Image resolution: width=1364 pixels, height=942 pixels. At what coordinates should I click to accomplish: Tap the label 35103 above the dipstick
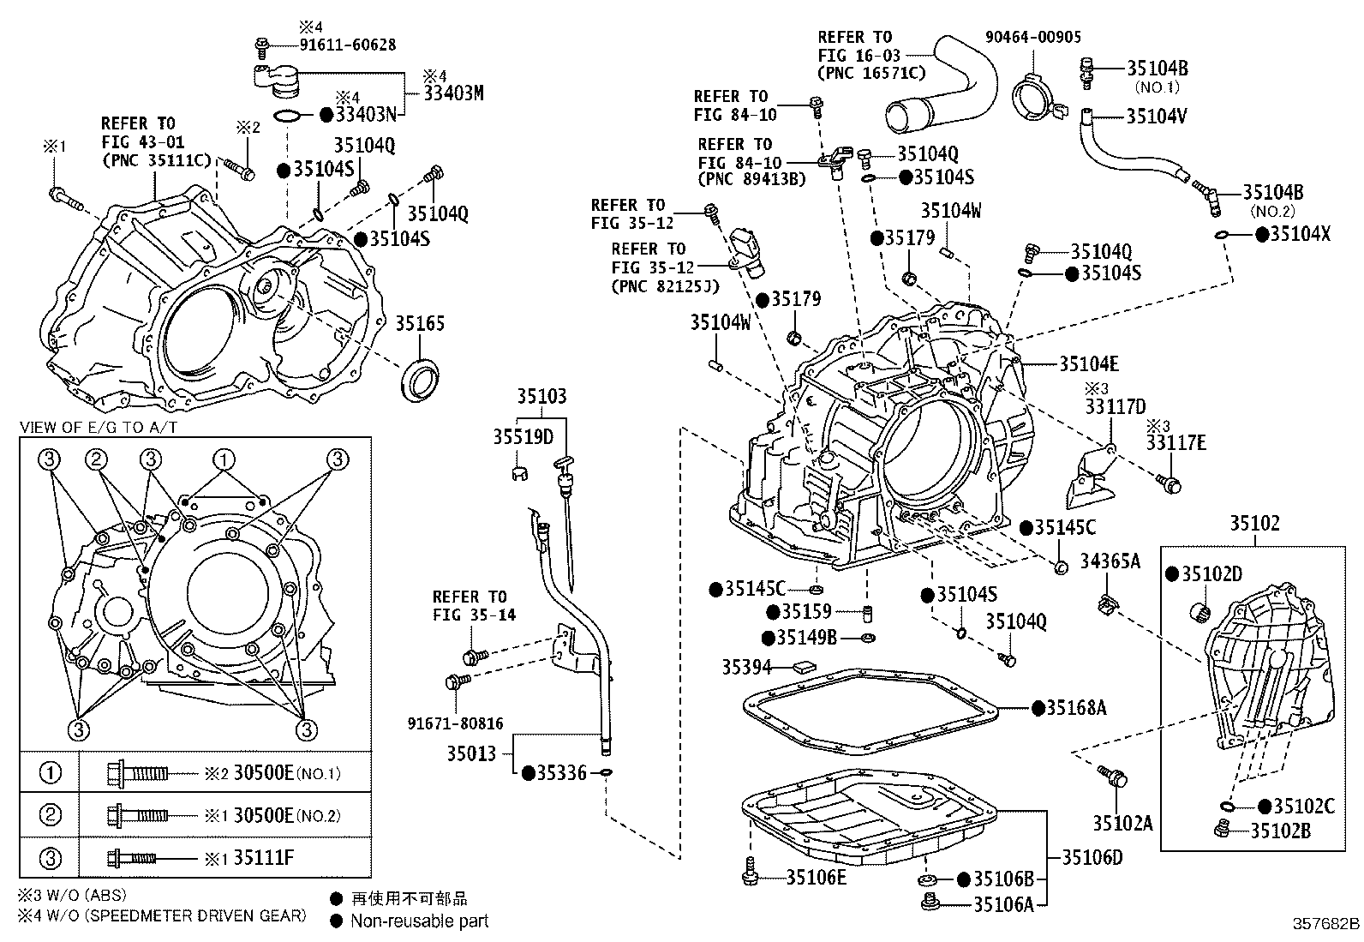(541, 397)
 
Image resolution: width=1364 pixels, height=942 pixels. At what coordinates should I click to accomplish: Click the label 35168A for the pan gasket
(1076, 708)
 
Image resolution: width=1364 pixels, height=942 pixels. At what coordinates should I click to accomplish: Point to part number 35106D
(1092, 856)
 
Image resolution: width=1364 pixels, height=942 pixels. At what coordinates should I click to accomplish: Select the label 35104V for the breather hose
(1157, 116)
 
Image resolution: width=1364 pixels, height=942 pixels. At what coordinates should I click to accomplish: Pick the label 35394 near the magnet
(747, 666)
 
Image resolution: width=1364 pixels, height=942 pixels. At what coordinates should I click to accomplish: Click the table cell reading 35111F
(263, 857)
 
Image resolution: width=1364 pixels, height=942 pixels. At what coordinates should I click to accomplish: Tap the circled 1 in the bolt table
(51, 772)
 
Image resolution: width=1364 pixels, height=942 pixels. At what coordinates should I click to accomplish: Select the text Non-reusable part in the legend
(419, 921)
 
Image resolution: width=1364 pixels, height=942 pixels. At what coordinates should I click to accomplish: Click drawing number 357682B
(1325, 924)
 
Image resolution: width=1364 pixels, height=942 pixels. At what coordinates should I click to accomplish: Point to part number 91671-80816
(455, 723)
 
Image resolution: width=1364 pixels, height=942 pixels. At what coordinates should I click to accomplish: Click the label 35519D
(523, 437)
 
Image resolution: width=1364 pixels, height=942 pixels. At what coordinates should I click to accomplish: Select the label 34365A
(1110, 561)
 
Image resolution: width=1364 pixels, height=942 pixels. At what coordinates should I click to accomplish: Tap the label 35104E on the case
(1088, 364)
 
